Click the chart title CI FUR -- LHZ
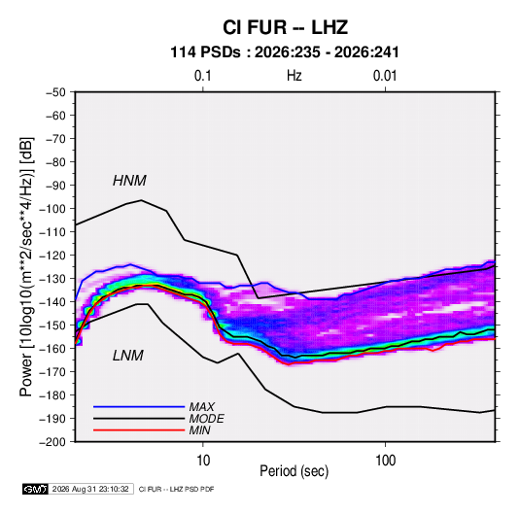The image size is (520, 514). [x=285, y=27]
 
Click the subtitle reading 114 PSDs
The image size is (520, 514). [x=205, y=52]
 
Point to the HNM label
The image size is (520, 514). [x=129, y=181]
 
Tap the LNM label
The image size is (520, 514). [x=128, y=356]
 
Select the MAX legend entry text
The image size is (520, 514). [x=201, y=407]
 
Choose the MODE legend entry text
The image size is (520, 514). [x=206, y=419]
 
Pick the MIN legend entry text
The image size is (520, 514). [x=199, y=430]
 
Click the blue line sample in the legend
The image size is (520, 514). [x=139, y=407]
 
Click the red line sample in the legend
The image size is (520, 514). [x=139, y=430]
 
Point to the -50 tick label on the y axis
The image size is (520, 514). [x=55, y=92]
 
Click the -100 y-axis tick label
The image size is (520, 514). [x=52, y=209]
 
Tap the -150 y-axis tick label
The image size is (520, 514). [x=52, y=326]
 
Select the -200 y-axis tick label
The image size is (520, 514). [x=52, y=442]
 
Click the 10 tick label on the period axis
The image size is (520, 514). [x=203, y=461]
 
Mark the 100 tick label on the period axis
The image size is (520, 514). [x=385, y=461]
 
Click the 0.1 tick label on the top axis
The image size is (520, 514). [x=202, y=76]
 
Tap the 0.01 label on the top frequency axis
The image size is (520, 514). [x=385, y=76]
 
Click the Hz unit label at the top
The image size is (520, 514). [x=295, y=76]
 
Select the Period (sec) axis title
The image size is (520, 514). [x=294, y=471]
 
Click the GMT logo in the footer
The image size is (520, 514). [x=36, y=489]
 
